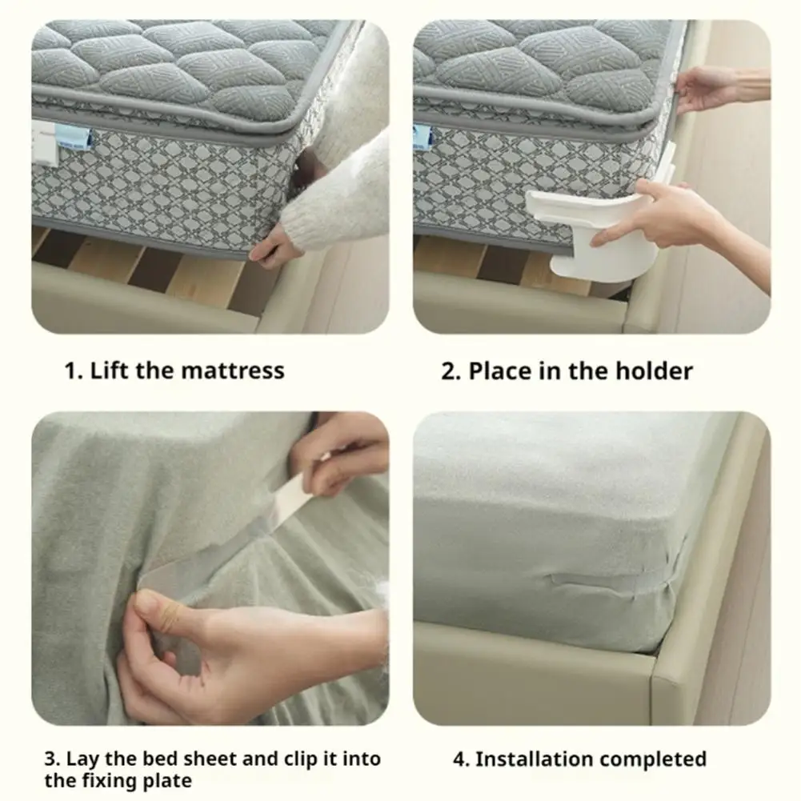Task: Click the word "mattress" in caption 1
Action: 233,370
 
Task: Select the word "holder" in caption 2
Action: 654,370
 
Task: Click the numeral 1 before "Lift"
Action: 71,370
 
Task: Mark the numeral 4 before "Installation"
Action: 459,759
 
